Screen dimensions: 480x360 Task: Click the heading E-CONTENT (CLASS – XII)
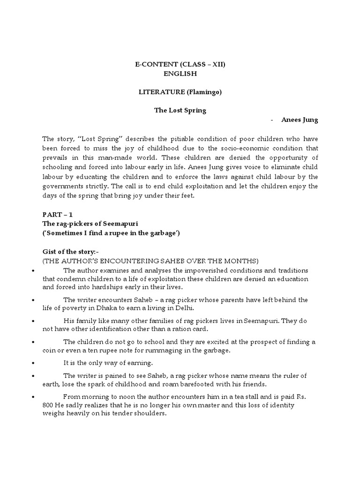(180, 65)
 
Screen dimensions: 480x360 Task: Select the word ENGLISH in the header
(180, 74)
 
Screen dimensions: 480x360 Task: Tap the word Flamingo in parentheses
(202, 92)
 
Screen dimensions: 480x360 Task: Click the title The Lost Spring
(180, 111)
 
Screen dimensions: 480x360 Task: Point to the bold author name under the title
(300, 120)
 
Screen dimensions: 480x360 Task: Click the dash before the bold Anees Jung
(272, 120)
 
